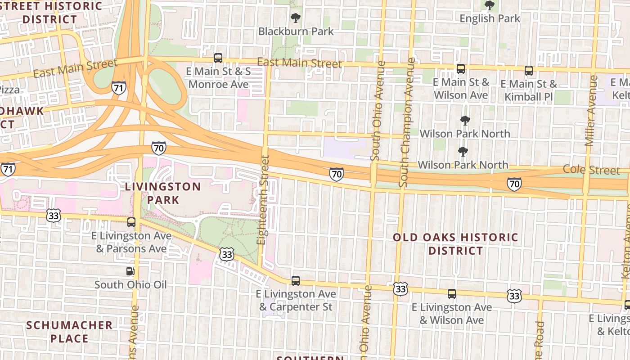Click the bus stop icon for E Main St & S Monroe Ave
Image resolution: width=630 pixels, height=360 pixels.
click(218, 58)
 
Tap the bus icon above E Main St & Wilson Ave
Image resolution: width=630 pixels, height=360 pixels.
click(461, 69)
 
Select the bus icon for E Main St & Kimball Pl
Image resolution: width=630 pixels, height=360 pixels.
click(529, 71)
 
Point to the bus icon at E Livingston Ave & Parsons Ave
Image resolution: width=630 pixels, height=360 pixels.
click(131, 222)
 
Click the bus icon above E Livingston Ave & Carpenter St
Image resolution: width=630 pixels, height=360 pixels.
click(296, 281)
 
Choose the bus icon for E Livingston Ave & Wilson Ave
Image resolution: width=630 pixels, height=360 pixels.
click(452, 294)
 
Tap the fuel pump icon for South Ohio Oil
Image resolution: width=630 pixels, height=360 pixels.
click(130, 271)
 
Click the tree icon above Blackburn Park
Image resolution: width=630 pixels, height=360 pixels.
click(296, 18)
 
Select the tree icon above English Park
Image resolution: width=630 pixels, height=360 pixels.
click(490, 6)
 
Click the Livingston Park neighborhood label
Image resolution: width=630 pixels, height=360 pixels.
click(163, 193)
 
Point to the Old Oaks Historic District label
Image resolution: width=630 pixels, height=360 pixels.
click(456, 244)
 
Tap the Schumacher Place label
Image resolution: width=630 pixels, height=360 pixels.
click(69, 332)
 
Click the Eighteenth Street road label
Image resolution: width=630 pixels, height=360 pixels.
click(263, 200)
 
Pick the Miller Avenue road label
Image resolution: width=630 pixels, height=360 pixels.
click(591, 111)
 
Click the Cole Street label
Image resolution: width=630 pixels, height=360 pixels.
click(591, 170)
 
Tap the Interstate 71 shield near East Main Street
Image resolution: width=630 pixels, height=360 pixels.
click(119, 87)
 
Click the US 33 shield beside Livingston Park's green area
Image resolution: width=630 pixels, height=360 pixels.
click(227, 254)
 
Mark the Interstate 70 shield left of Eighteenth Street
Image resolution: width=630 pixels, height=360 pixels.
click(158, 148)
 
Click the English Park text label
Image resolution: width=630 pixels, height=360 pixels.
click(490, 18)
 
